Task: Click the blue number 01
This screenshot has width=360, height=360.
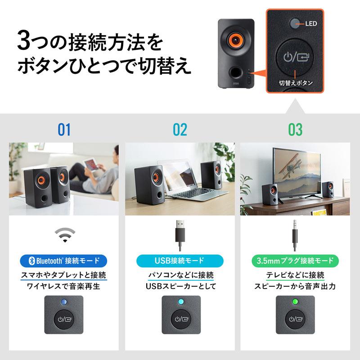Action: tap(64, 130)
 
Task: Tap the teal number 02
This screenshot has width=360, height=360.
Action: tap(180, 130)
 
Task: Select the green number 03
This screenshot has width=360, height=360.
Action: tap(295, 130)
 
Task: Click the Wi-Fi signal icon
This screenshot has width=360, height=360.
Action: tap(64, 234)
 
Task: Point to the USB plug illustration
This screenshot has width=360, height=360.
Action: tap(180, 234)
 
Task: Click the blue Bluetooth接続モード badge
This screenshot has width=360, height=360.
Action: tap(64, 260)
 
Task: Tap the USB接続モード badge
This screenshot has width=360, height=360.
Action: tap(180, 260)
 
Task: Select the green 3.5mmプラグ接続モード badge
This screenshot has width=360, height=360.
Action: tap(295, 260)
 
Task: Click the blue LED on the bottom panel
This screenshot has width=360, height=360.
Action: tap(64, 301)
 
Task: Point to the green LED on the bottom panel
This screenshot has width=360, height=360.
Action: tap(295, 301)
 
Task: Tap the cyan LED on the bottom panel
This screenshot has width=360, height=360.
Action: tap(180, 301)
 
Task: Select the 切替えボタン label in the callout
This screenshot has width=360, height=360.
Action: tap(295, 83)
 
